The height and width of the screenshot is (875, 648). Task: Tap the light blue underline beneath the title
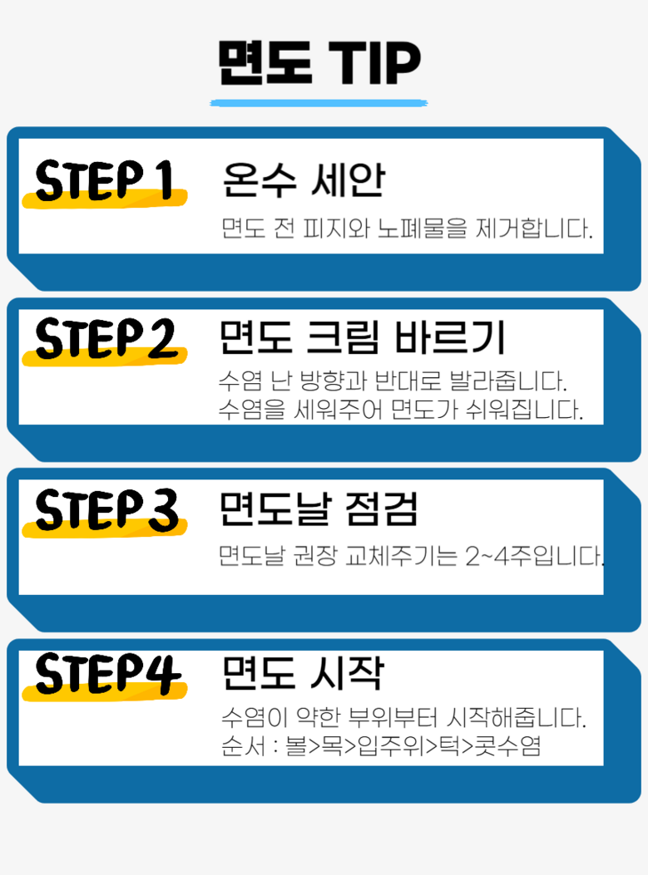tap(319, 103)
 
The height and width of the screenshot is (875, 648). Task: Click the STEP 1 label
tap(104, 180)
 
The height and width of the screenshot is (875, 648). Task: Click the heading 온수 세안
tap(304, 179)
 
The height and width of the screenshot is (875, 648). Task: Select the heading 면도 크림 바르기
tap(362, 337)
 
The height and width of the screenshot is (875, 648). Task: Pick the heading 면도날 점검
tap(319, 509)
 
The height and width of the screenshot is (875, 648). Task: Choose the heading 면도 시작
tap(303, 673)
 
